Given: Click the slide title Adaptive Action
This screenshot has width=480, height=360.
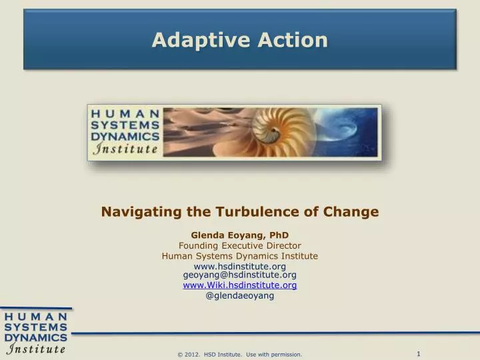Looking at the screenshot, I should click(239, 40).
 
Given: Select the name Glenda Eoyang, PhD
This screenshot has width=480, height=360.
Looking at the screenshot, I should click(239, 235).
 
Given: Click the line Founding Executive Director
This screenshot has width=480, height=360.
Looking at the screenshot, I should click(239, 245).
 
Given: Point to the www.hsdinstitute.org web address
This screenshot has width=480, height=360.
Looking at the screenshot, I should click(239, 267).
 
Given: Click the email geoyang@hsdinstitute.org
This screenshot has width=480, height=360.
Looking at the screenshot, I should click(239, 275).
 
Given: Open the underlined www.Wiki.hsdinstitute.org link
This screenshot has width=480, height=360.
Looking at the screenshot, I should click(239, 285).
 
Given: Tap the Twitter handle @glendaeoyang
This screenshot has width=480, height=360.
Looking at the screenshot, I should click(239, 295).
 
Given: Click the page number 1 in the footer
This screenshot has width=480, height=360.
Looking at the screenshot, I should click(418, 353).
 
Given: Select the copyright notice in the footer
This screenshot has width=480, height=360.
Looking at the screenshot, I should click(239, 354).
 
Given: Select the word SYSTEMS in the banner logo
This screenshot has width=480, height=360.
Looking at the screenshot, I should click(125, 125).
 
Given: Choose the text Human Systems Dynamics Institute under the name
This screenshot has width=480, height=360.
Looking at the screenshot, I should click(239, 256).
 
